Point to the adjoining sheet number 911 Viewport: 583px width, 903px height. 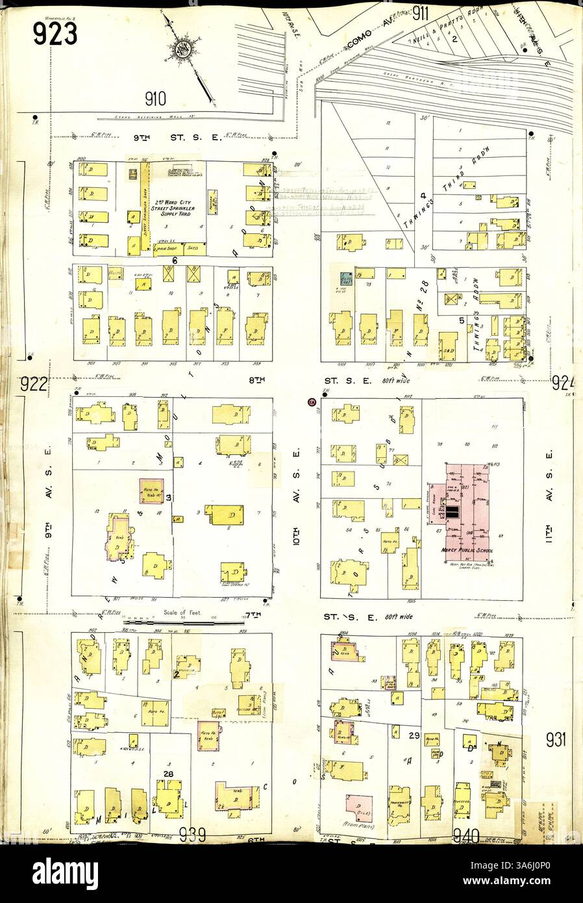click(423, 13)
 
